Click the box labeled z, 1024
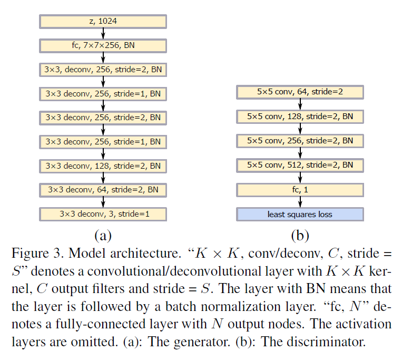(103, 21)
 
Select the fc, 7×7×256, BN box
(103, 46)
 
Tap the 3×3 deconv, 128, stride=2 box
(103, 166)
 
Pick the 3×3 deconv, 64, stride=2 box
(103, 190)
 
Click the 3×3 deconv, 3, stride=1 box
(103, 214)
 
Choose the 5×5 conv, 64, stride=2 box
(300, 92)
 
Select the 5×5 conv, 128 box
(300, 116)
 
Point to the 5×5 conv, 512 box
(300, 166)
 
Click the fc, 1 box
(300, 190)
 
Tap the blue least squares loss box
(300, 214)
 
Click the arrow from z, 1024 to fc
(103, 34)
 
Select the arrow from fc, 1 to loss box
(300, 202)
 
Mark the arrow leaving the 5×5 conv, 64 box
(300, 104)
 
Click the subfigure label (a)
(103, 236)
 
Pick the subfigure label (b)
(300, 236)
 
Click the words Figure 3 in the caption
(37, 254)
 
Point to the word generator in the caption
(202, 342)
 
